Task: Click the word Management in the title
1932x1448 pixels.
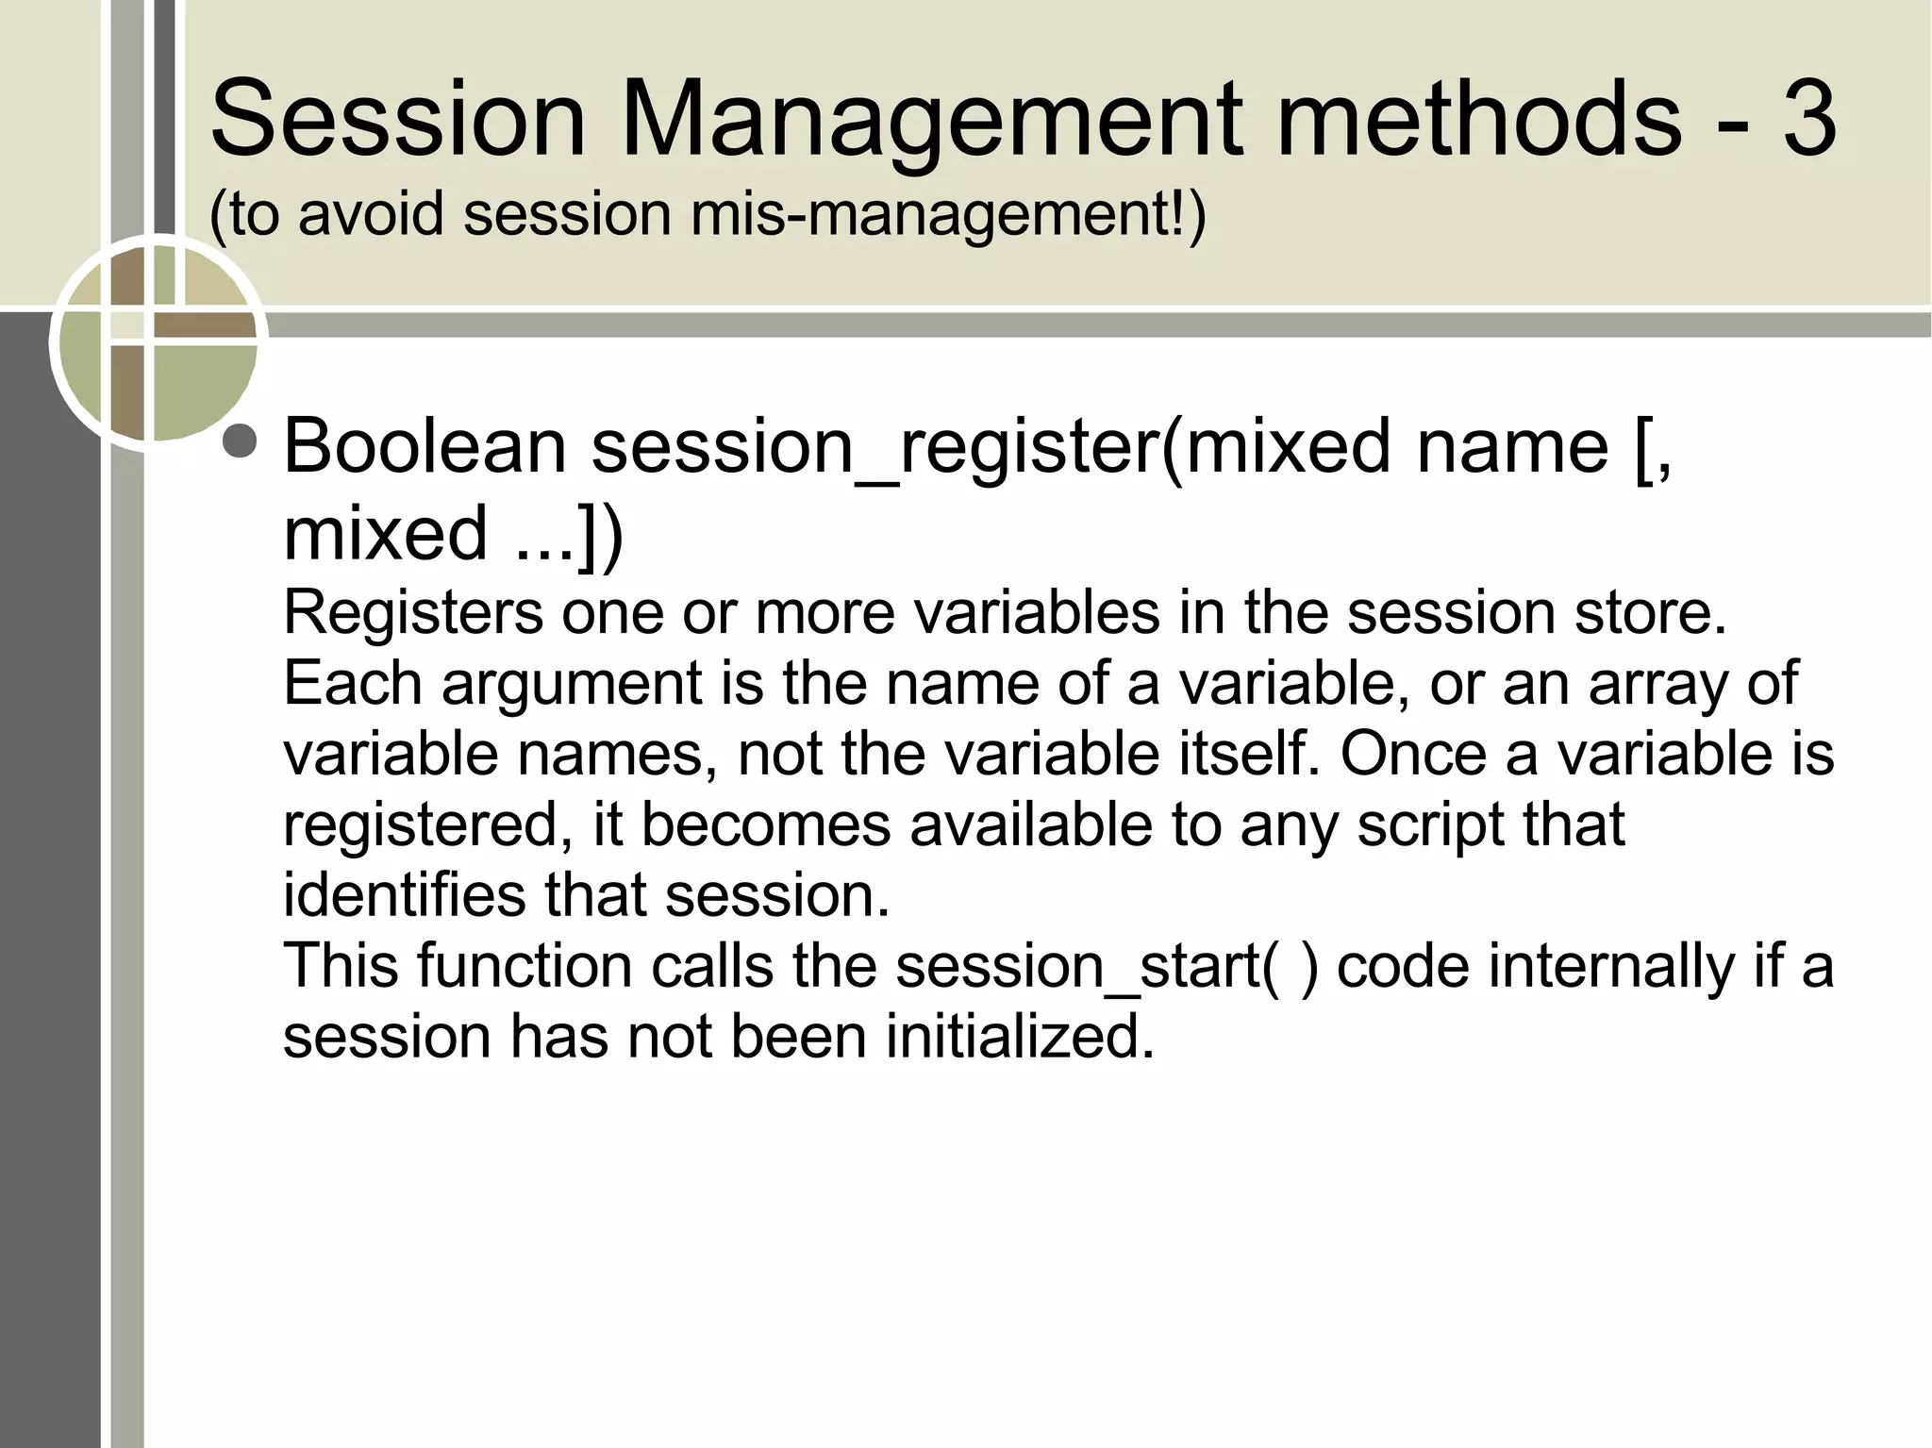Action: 929,121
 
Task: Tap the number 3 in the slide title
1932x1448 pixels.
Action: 1809,119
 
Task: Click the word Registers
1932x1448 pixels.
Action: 413,613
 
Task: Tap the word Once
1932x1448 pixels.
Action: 1413,754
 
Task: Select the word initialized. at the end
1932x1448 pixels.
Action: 1019,1037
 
